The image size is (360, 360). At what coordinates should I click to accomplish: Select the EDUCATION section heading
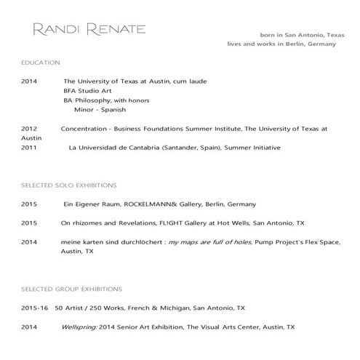click(x=41, y=63)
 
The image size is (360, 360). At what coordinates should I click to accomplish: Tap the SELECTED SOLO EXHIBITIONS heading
click(x=69, y=186)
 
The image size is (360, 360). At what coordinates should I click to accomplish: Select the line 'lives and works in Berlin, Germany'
click(x=283, y=44)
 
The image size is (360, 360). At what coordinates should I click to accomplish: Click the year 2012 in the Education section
click(x=29, y=129)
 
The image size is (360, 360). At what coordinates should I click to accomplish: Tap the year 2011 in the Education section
click(x=29, y=148)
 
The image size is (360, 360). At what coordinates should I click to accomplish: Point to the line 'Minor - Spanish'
click(x=100, y=110)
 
